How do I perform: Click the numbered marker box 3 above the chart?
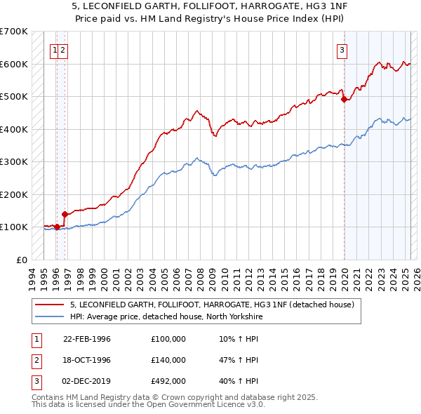pyautogui.click(x=342, y=49)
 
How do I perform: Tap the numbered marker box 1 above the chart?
pyautogui.click(x=54, y=49)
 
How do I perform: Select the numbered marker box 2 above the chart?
pyautogui.click(x=62, y=49)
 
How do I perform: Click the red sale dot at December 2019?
pyautogui.click(x=344, y=100)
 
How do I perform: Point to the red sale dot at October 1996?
pyautogui.click(x=65, y=214)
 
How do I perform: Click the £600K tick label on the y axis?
pyautogui.click(x=14, y=64)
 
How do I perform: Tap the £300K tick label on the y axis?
pyautogui.click(x=14, y=161)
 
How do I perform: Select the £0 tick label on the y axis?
pyautogui.click(x=21, y=260)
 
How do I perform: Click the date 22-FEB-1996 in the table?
pyautogui.click(x=87, y=339)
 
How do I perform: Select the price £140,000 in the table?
pyautogui.click(x=168, y=360)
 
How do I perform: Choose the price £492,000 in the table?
pyautogui.click(x=168, y=381)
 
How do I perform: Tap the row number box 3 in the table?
pyautogui.click(x=36, y=381)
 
